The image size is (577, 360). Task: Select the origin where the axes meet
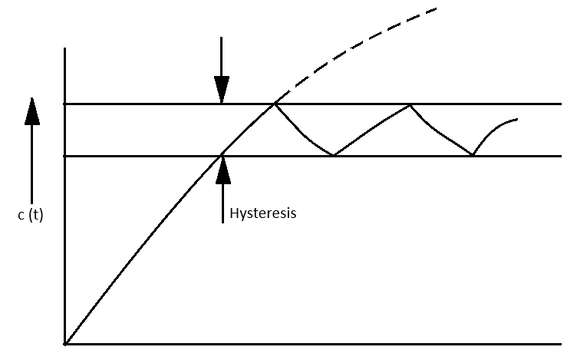click(x=66, y=343)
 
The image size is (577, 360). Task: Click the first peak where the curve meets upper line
click(x=274, y=104)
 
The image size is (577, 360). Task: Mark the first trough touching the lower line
click(x=334, y=155)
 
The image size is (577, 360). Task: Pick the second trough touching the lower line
click(x=473, y=155)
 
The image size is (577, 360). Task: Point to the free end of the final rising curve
click(x=518, y=119)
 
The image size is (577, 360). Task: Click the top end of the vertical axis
click(x=66, y=48)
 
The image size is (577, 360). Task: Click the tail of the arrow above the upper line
click(x=221, y=36)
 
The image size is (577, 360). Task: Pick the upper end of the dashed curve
click(x=436, y=8)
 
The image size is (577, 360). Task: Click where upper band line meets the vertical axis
click(x=66, y=104)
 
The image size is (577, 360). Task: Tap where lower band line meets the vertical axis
click(x=66, y=156)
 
